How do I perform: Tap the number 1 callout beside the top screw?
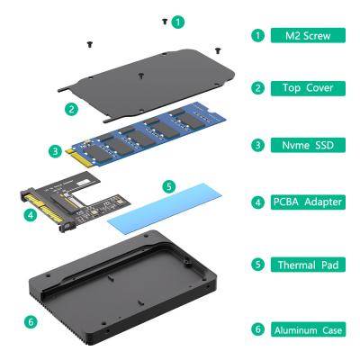click(x=178, y=20)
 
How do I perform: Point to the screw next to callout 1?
click(x=164, y=19)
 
